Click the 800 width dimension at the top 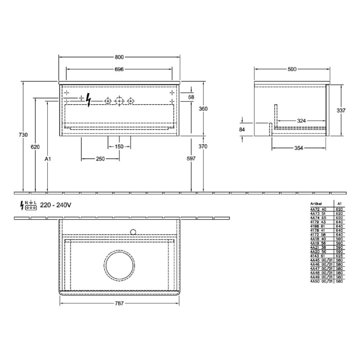click(119, 57)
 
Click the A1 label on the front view click(47, 159)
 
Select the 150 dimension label click(119, 147)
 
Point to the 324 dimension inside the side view click(302, 121)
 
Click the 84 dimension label click(242, 130)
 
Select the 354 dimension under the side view click(298, 148)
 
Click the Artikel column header click(317, 203)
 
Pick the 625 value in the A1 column click(339, 256)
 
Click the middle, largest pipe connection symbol click(119, 101)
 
